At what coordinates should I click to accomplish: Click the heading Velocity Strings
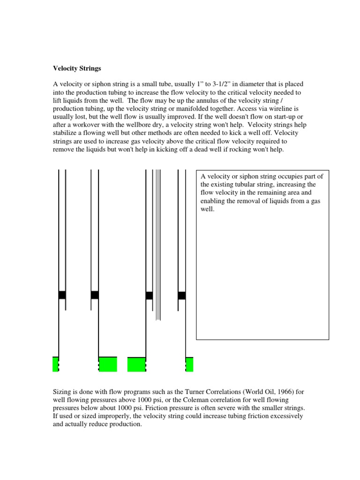76,68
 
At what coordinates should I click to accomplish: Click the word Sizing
62,391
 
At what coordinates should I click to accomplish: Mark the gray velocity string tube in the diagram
158,244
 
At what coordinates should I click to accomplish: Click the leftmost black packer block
62,295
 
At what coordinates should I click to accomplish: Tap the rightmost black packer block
182,295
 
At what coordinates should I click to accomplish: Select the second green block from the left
108,364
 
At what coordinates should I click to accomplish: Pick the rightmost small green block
189,364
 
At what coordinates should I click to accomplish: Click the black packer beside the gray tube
149,295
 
